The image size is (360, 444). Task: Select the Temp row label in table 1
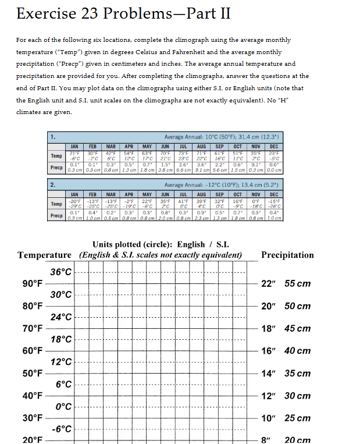56,157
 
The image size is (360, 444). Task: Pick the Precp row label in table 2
56,215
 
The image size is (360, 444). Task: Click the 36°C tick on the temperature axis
61,272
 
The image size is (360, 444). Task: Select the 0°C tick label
62,407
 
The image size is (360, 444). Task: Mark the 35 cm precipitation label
298,373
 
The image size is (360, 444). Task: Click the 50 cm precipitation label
298,306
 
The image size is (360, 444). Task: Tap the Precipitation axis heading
287,255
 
